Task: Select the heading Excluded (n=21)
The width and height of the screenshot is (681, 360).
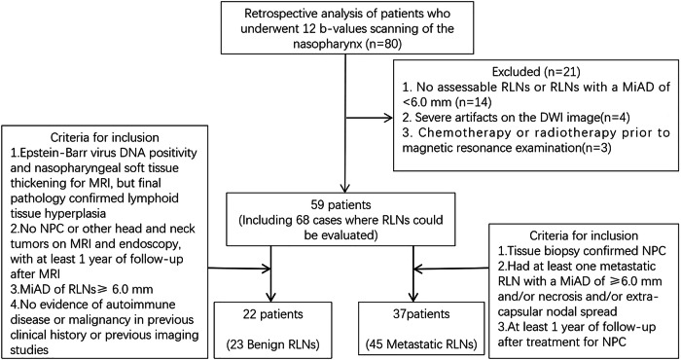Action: click(x=535, y=71)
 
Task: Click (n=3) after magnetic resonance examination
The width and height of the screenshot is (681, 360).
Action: click(x=598, y=148)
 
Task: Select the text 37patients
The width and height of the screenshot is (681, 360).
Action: click(x=420, y=313)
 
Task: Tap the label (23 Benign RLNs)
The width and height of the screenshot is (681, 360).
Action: click(x=271, y=344)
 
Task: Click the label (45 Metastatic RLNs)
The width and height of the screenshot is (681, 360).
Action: click(x=421, y=344)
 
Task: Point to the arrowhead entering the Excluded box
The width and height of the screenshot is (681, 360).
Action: click(x=388, y=117)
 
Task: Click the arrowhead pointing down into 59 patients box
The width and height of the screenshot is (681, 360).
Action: click(x=344, y=187)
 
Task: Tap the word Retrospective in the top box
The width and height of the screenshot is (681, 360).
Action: click(x=276, y=14)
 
